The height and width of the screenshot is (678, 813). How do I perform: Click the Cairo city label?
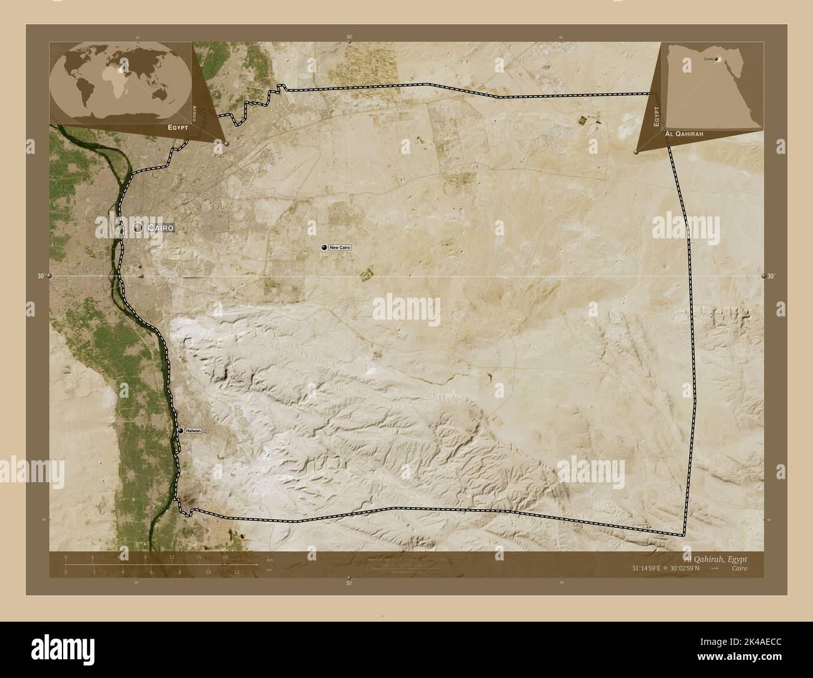click(x=160, y=228)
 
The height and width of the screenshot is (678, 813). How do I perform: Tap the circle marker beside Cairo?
click(x=138, y=228)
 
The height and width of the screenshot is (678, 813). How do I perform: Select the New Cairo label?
click(x=340, y=248)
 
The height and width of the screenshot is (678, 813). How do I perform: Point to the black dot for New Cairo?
click(x=324, y=248)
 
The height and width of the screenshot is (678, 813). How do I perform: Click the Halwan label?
click(x=193, y=431)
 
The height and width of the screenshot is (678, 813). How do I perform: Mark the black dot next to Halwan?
click(x=180, y=431)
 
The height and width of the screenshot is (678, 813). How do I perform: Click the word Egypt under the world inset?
click(x=179, y=127)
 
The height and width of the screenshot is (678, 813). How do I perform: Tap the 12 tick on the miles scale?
click(x=237, y=572)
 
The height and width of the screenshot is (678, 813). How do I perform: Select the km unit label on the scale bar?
click(x=270, y=560)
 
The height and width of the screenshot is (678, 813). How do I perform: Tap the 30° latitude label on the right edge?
click(x=770, y=276)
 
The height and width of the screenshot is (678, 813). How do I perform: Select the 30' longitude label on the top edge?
click(x=349, y=38)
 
